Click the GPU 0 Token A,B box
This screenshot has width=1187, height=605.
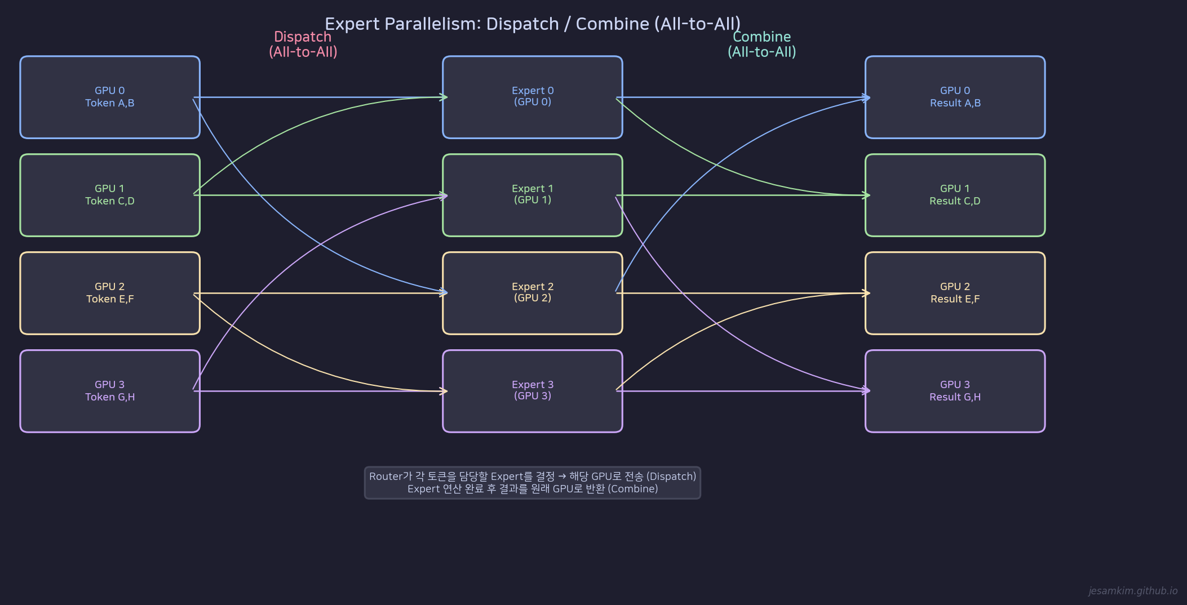[110, 97]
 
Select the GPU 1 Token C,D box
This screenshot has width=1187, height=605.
[110, 195]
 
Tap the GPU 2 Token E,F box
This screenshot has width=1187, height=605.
[110, 293]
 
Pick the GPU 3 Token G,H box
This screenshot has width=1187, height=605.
[110, 391]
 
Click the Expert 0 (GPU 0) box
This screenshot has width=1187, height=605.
[533, 97]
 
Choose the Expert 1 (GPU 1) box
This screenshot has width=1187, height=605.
[533, 195]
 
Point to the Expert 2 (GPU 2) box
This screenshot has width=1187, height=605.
[533, 293]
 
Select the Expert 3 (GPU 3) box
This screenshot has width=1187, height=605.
[533, 391]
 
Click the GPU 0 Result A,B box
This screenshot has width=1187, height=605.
[955, 97]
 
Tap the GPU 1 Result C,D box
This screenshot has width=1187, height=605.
[955, 195]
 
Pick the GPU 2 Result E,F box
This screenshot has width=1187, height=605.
[955, 293]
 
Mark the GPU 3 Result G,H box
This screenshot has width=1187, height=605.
[955, 391]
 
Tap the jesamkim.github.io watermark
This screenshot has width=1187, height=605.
[1133, 590]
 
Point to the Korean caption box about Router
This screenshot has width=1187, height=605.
[533, 483]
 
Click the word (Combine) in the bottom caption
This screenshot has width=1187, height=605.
[633, 489]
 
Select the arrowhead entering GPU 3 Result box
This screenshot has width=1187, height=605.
[867, 390]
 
